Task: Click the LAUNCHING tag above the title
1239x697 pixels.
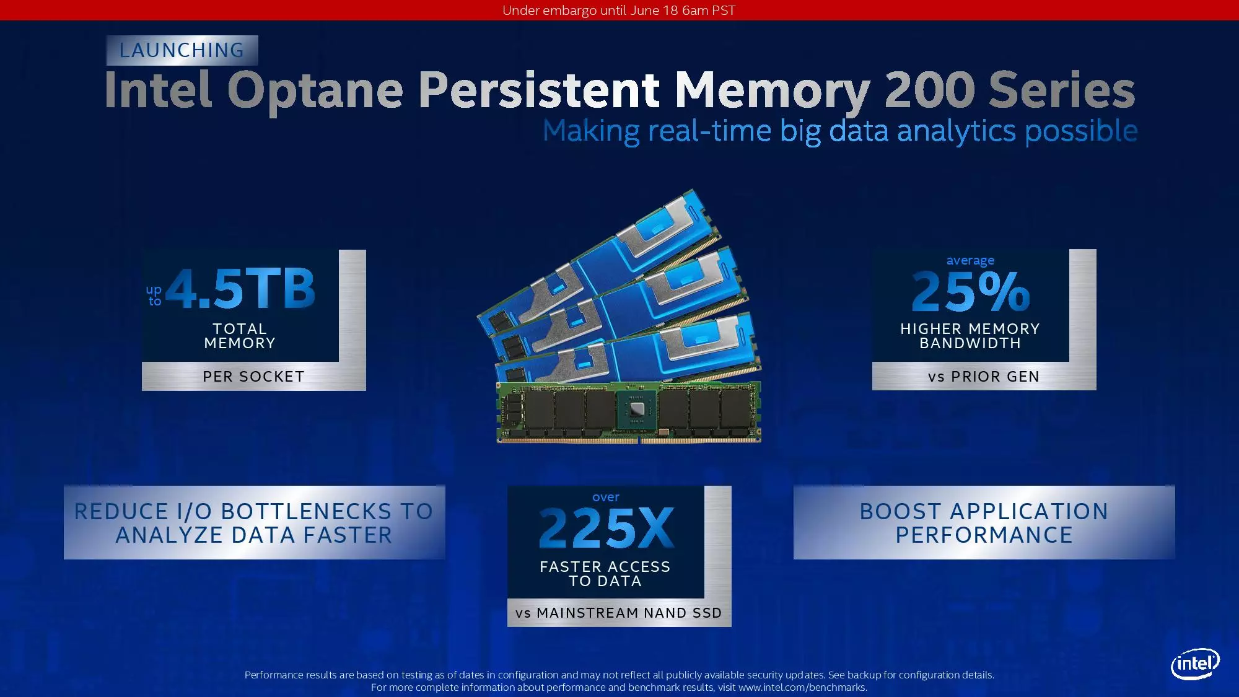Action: [x=182, y=50]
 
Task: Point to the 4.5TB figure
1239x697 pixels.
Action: [x=240, y=289]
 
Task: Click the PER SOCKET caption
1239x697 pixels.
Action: [x=254, y=377]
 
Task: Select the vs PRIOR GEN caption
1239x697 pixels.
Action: [x=984, y=377]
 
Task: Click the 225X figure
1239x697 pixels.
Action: [x=606, y=528]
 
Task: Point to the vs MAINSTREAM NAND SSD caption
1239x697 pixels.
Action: [x=619, y=613]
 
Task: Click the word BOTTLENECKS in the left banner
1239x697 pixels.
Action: [x=306, y=512]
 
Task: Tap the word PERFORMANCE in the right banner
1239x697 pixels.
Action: [x=984, y=535]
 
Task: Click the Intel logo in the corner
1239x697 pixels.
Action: [x=1195, y=664]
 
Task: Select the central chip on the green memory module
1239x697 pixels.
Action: [x=636, y=409]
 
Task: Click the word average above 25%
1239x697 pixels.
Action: [x=970, y=261]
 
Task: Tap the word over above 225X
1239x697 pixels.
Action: [x=606, y=497]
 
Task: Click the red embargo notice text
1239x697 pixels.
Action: [x=619, y=11]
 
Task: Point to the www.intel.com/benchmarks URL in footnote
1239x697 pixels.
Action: [x=802, y=687]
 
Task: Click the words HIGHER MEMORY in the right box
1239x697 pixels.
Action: [x=970, y=329]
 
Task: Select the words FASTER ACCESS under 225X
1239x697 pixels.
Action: [x=605, y=567]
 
